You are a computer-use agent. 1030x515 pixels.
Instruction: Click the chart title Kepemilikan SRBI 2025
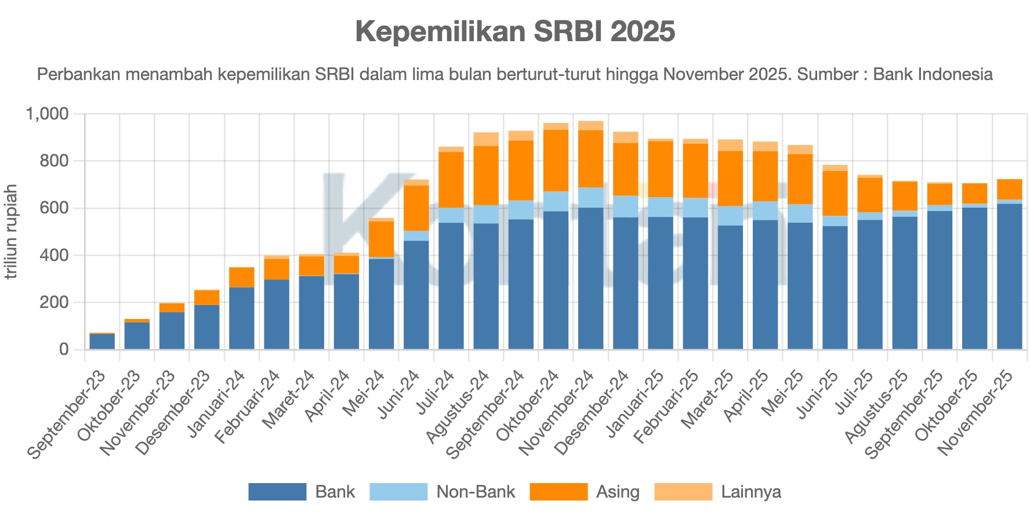click(515, 31)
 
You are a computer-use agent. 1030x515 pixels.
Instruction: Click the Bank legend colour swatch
click(277, 492)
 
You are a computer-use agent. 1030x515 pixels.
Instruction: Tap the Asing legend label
click(618, 492)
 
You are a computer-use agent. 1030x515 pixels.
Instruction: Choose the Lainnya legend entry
click(750, 492)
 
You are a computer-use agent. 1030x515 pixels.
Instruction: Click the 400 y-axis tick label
click(56, 255)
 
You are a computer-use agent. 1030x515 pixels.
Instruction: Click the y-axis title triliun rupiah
click(10, 231)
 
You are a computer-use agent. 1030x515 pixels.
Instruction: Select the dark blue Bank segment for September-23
click(102, 342)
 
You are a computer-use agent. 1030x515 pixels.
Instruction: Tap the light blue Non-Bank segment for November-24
click(591, 197)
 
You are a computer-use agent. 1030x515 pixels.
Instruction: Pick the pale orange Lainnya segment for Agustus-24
click(486, 139)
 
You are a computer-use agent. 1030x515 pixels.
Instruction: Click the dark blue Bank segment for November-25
click(1009, 276)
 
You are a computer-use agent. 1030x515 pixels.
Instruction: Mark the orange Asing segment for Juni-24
click(416, 208)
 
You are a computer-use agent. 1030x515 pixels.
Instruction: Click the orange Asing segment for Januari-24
click(242, 277)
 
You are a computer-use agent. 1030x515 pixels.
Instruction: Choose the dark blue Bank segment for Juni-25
click(835, 288)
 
